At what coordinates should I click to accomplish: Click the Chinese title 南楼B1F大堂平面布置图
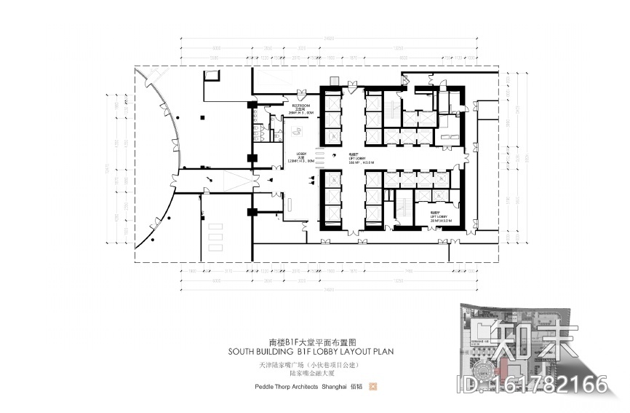[314, 340]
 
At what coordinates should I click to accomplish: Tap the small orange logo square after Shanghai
[373, 387]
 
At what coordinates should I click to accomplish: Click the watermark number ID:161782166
[530, 384]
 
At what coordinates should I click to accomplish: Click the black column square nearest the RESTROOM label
[252, 108]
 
